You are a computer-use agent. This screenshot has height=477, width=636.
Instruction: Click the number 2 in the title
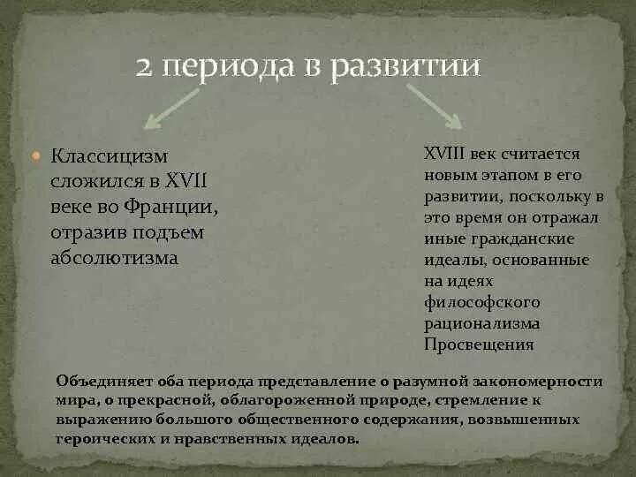146,67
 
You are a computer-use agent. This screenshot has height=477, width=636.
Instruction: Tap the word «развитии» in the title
405,67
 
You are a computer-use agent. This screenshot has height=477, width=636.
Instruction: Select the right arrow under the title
433,107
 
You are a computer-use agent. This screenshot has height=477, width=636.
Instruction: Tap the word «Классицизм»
109,156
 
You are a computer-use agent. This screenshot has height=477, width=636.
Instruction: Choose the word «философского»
481,302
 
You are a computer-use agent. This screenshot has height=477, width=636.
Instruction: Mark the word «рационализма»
481,323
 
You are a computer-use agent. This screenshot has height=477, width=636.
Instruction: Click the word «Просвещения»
479,344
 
